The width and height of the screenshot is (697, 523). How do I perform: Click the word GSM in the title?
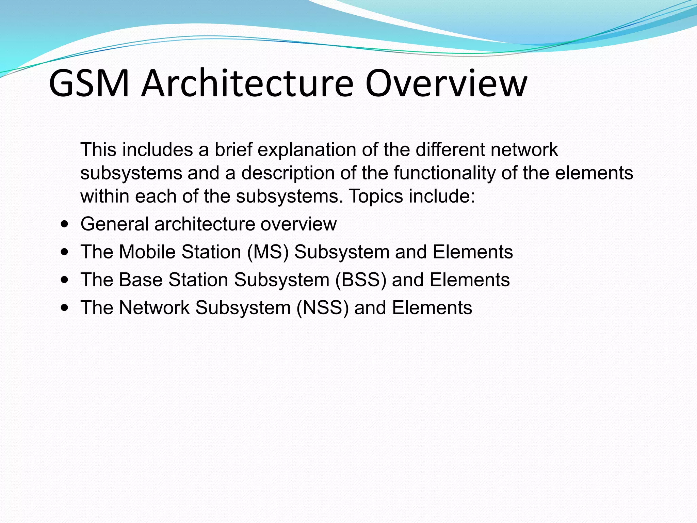89,83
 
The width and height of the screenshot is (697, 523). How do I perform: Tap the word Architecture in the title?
247,83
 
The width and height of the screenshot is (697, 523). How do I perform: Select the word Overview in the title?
446,83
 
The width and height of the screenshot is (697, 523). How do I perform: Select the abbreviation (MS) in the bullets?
268,252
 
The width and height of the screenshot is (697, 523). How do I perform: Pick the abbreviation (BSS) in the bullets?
361,280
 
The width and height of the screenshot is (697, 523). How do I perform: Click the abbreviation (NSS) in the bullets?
323,308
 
